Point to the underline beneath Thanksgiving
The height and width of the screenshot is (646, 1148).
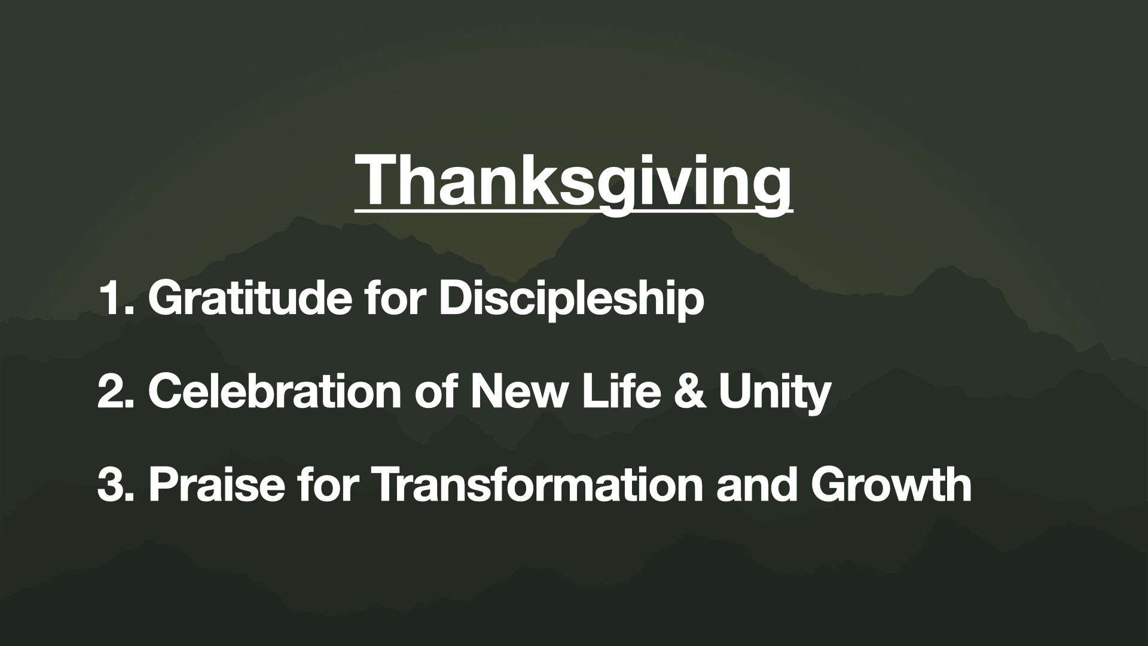pos(573,210)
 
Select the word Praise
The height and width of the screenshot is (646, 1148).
pos(217,484)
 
